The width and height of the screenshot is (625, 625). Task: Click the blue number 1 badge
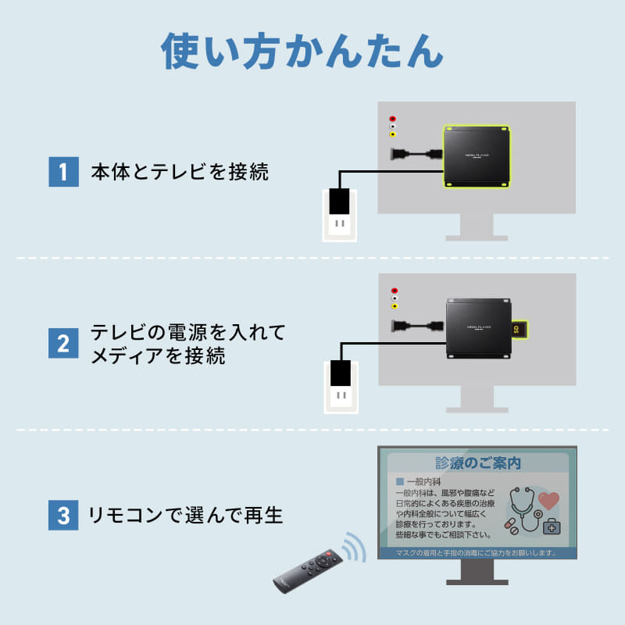(63, 172)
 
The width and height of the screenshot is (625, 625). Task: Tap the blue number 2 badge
(63, 343)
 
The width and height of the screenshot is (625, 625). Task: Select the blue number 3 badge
(63, 515)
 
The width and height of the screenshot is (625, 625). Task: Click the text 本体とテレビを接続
(180, 172)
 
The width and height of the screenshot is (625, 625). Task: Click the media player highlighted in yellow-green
(477, 156)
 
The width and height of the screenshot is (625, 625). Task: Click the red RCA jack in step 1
(392, 120)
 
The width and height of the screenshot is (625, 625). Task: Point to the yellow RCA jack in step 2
(393, 305)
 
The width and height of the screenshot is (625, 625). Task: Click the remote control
(305, 570)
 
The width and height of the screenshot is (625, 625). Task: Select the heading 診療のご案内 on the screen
(477, 463)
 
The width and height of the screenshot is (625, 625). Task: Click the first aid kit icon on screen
(552, 526)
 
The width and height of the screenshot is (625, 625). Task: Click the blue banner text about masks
(477, 553)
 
